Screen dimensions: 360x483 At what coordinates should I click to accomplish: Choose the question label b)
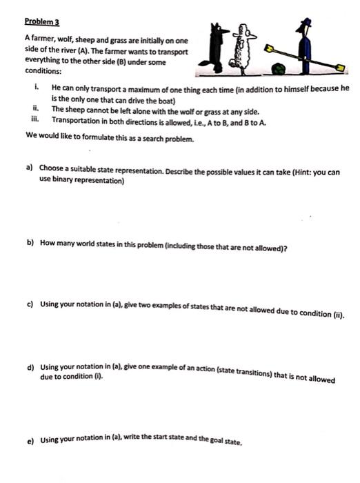30,244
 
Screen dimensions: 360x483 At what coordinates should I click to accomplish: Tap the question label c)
30,304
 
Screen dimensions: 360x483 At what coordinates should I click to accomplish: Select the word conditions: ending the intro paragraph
43,70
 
